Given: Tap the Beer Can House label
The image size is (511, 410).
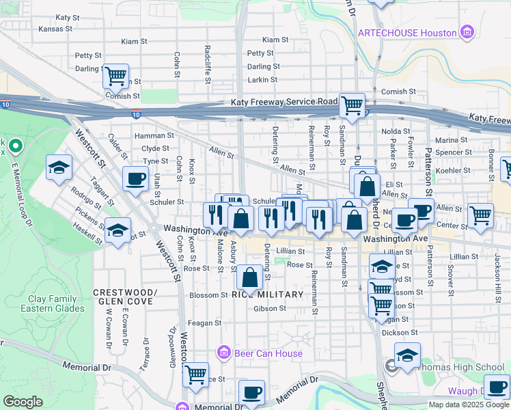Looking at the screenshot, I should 268,353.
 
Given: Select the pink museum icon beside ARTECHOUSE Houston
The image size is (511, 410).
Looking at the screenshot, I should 467,32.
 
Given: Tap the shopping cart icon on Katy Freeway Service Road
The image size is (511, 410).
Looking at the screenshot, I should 352,105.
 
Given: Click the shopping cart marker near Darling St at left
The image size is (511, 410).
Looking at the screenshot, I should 115,75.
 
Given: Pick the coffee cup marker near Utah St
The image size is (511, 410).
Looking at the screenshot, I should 135,179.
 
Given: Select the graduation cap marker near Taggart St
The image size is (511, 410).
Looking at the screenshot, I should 59,167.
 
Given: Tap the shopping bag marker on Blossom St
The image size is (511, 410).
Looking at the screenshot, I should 249,277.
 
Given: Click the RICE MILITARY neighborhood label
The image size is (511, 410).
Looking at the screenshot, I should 267,295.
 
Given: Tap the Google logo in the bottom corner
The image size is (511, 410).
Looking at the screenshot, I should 23,402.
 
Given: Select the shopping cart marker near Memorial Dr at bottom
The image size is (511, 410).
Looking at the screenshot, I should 195,373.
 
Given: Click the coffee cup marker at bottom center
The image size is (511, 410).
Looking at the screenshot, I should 251,392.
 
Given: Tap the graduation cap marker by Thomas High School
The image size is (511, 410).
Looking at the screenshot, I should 407,355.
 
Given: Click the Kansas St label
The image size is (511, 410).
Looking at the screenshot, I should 55,29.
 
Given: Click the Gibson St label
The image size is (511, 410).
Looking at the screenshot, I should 269,309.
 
